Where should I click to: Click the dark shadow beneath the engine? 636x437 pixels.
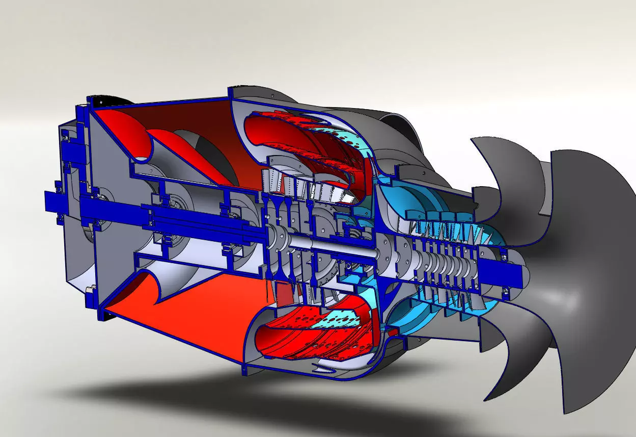(255, 403)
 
